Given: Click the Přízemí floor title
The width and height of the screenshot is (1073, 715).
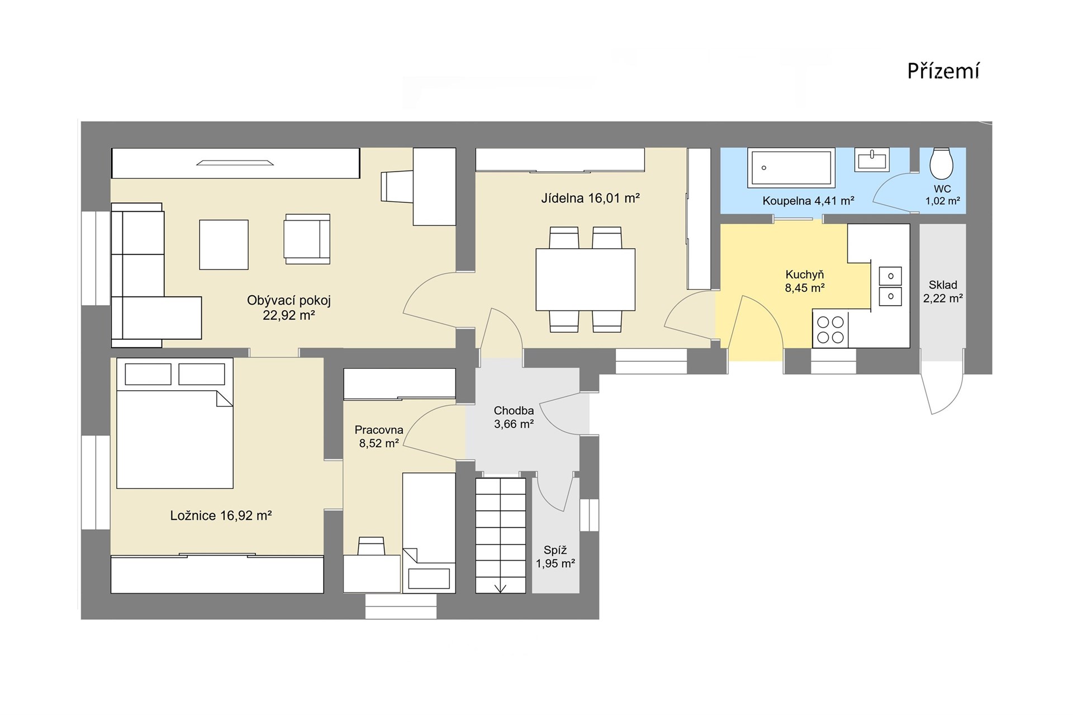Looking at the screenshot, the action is [x=943, y=72].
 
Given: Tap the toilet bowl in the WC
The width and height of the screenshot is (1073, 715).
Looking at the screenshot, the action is [x=942, y=163].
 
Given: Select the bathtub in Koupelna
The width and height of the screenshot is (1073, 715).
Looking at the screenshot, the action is [x=791, y=167].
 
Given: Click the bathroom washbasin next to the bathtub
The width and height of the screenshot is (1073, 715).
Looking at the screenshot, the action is [x=871, y=159].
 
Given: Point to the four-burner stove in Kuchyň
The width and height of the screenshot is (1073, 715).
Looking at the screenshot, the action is [x=830, y=330].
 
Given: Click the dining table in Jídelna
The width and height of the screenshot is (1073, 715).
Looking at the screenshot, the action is [x=585, y=280].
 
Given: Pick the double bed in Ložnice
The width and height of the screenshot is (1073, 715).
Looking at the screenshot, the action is [x=174, y=423].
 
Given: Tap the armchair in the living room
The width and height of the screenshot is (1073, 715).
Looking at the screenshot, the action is [x=307, y=239].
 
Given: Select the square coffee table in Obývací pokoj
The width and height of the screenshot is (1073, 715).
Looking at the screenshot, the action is [x=224, y=244].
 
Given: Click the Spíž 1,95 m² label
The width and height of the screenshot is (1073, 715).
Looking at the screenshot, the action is [x=556, y=557].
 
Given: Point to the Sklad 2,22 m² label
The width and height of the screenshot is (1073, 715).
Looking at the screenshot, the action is [x=943, y=292].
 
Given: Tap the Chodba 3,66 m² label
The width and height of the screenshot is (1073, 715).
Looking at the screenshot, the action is [x=514, y=417].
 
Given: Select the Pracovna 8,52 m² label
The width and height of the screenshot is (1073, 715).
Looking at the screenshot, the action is [x=379, y=437].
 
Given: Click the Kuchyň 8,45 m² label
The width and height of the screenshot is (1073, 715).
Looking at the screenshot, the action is [x=805, y=281].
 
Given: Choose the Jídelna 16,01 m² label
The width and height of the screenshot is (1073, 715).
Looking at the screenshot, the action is [x=590, y=198].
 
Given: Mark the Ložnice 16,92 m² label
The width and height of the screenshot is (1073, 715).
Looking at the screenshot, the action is [x=221, y=515].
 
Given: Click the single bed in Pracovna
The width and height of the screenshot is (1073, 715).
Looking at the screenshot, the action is [x=429, y=533].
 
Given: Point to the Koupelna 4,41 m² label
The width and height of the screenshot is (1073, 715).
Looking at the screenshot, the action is [x=808, y=201].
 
